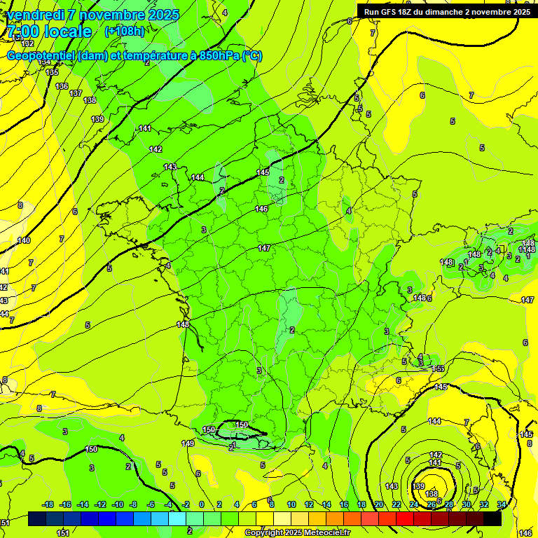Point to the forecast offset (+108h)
[124, 32]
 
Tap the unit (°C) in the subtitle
[251, 56]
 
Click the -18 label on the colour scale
[48, 504]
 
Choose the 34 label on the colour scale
[502, 504]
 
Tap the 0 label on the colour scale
[202, 504]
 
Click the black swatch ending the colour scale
[492, 519]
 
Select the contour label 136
[62, 86]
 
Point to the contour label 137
[76, 93]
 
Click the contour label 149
[188, 443]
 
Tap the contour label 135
[52, 72]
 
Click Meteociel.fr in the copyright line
[324, 533]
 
